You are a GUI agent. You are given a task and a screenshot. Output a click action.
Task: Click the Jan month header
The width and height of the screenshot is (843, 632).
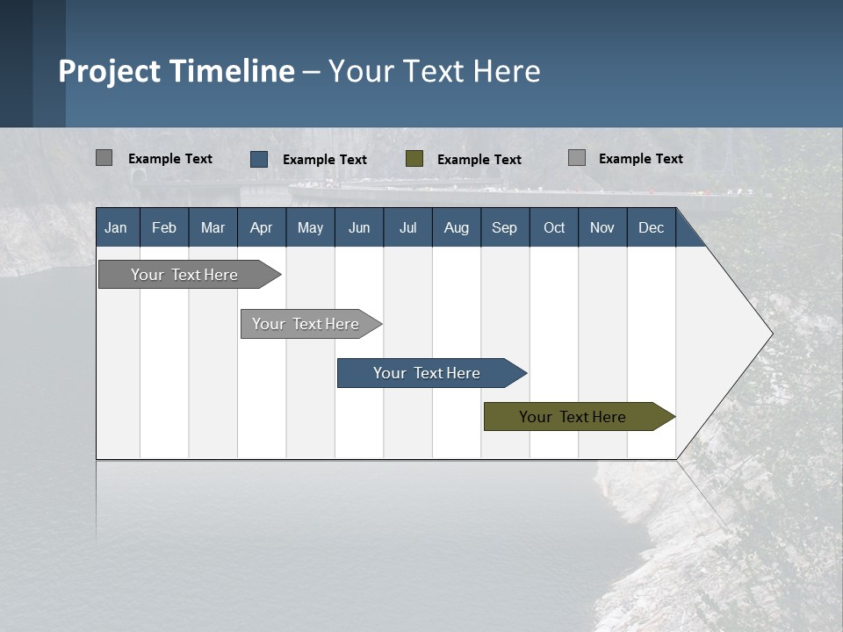point(116,227)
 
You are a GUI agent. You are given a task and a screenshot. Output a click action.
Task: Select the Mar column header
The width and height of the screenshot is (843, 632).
point(213,227)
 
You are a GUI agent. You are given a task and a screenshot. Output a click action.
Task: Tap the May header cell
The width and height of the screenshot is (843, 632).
point(310,227)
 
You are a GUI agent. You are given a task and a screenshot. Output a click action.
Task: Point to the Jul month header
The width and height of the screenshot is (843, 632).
point(407,227)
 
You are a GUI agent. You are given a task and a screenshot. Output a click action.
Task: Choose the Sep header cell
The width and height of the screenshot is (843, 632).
point(504,227)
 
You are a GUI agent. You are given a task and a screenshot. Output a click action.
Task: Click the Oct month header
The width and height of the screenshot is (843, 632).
point(554,227)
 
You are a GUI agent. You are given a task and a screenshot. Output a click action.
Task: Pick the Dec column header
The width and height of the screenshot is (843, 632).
point(651,227)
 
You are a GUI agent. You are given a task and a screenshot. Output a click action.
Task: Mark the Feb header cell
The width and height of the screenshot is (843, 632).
point(164,227)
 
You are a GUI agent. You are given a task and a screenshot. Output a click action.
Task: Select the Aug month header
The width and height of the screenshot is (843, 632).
point(456,227)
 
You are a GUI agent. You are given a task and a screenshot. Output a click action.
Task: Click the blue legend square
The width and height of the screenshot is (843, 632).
point(259,159)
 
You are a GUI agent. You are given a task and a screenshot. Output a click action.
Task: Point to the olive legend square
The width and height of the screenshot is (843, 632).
point(414,159)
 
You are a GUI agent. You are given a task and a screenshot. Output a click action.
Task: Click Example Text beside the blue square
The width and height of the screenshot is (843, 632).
point(325,160)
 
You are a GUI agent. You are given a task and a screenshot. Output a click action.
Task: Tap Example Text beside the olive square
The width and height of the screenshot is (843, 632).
point(479,160)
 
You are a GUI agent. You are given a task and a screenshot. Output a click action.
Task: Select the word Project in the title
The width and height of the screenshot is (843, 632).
point(110,71)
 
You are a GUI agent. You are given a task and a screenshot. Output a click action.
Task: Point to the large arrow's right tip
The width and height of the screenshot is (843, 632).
point(771,334)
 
